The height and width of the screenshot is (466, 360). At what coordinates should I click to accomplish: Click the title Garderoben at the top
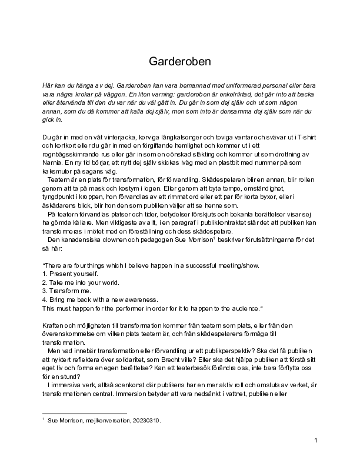180,61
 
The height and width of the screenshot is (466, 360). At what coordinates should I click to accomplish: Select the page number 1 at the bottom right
316,441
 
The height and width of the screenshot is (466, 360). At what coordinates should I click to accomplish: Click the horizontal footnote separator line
85,414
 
